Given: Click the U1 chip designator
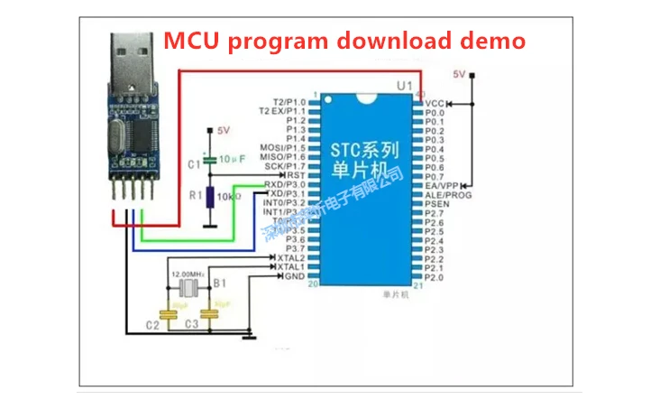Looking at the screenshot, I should [405, 86].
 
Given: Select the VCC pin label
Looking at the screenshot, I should [435, 103].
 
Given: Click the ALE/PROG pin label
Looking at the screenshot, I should [447, 194].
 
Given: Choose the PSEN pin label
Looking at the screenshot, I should [437, 204].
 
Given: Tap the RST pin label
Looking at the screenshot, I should [296, 175].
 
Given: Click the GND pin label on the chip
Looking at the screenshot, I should [294, 276].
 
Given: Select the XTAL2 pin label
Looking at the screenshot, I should [290, 257].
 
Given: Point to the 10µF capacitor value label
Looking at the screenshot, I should [232, 158].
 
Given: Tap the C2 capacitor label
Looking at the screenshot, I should [152, 323].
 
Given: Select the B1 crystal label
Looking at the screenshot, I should [218, 284].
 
